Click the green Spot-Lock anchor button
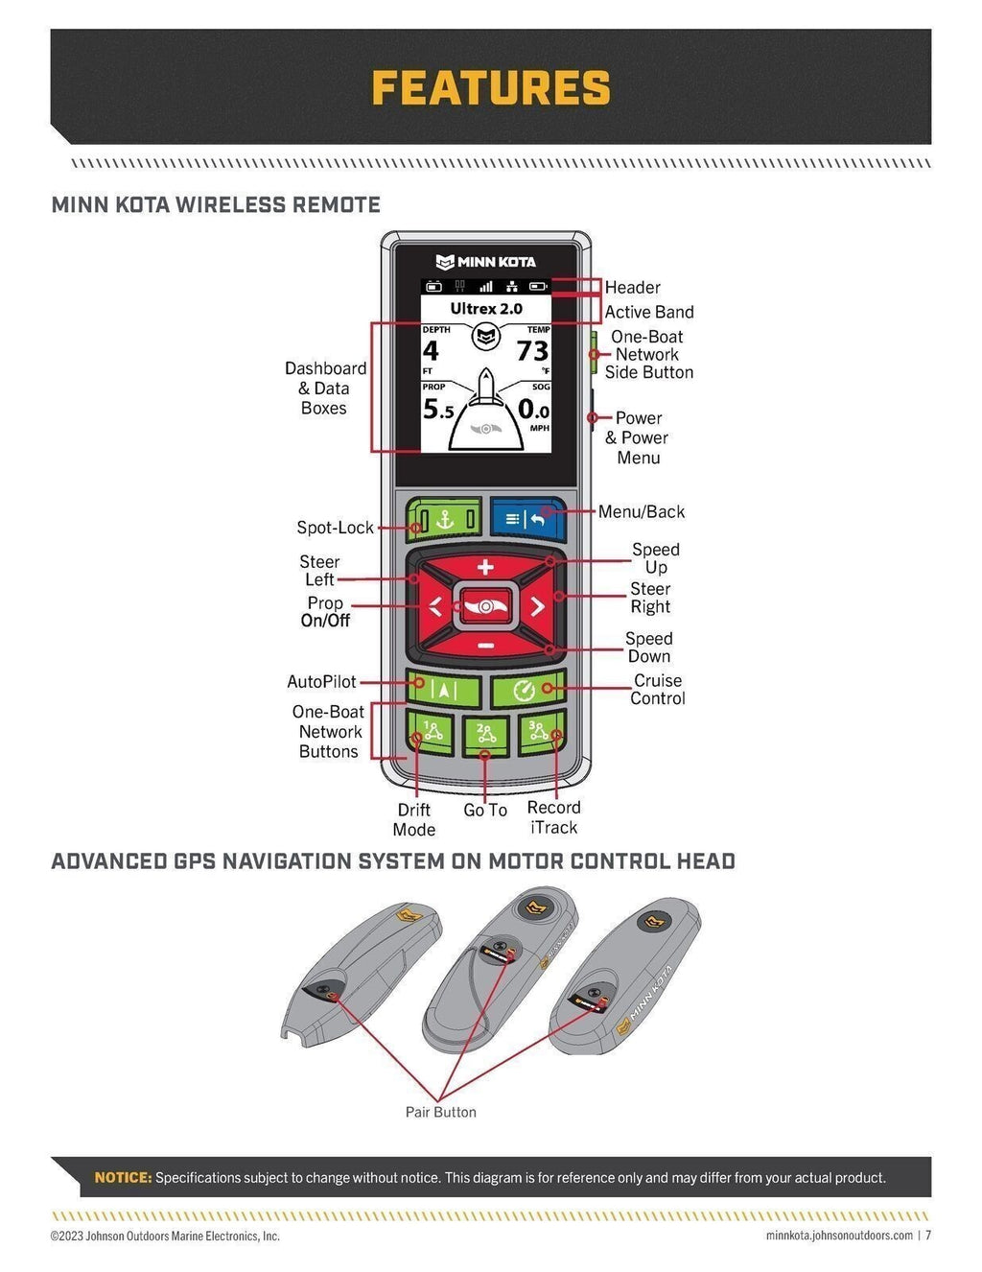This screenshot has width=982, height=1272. (443, 519)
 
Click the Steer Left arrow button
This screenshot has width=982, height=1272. (435, 606)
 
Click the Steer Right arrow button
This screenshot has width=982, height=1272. (537, 606)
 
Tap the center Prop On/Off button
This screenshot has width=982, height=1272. (485, 606)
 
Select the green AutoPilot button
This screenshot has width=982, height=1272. (442, 690)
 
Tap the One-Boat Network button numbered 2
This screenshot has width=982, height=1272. (486, 735)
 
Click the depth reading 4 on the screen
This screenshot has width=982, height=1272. (431, 352)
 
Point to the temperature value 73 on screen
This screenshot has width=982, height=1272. (532, 352)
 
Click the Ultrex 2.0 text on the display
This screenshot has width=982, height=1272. (486, 309)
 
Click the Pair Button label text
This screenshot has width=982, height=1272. (440, 1112)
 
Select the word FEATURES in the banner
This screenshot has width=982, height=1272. (490, 88)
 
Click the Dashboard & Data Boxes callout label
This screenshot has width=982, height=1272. (325, 389)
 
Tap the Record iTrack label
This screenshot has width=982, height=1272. (554, 817)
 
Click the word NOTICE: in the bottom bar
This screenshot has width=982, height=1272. (123, 1177)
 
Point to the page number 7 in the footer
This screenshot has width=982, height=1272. (927, 1236)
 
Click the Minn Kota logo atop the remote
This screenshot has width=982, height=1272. (485, 262)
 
